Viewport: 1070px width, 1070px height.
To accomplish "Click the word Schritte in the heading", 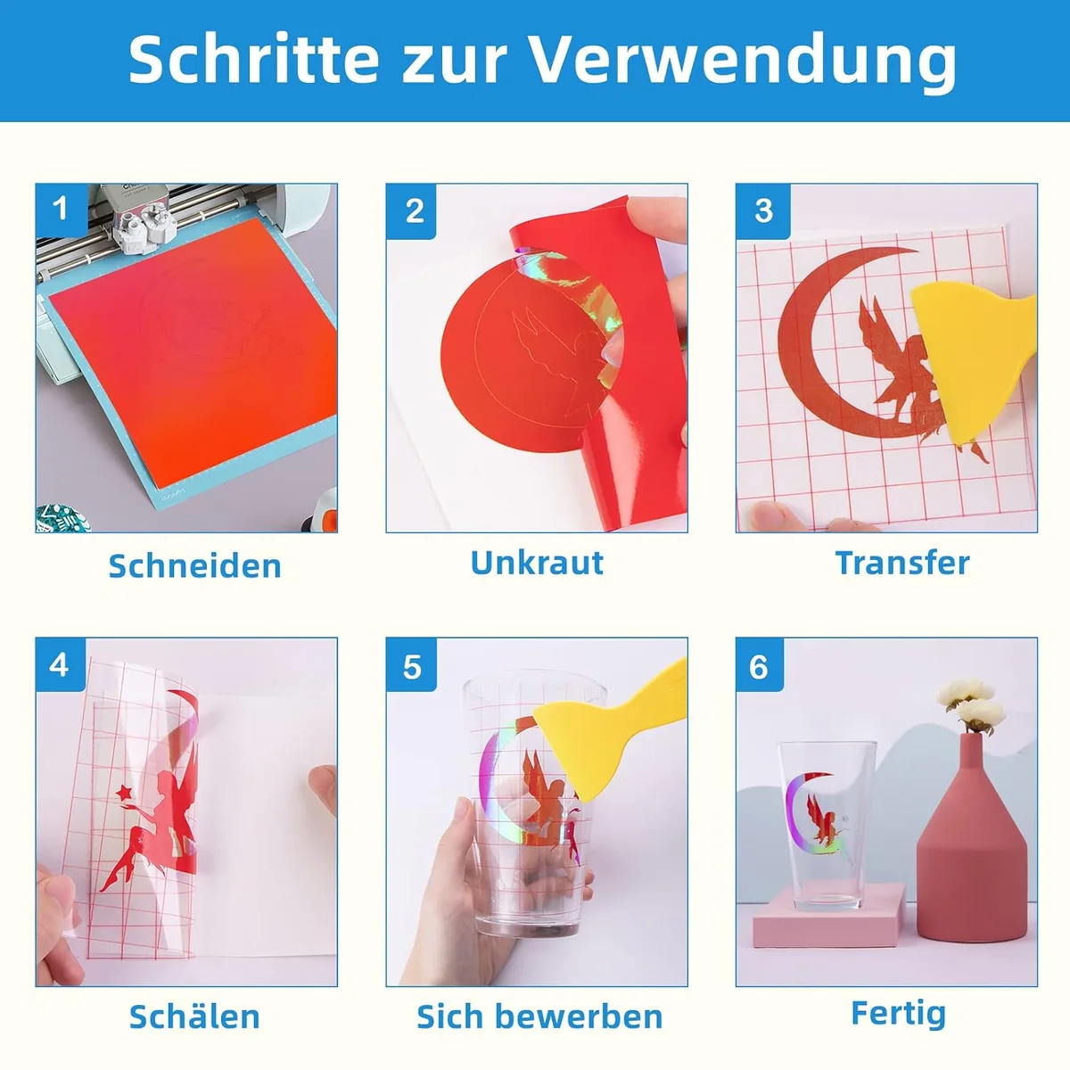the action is point(254,60).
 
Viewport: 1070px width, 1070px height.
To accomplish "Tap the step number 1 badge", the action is point(62,209).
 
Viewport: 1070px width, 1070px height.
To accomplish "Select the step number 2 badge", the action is point(411,211).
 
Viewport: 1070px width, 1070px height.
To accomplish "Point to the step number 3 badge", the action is point(762,211).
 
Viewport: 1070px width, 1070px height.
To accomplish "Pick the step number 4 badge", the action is point(60,664).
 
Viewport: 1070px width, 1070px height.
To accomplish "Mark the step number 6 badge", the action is point(761,664).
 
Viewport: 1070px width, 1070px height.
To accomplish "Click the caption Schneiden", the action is point(195,566).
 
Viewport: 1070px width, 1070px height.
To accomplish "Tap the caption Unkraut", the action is point(537,563).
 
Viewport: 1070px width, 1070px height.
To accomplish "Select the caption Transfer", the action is point(902,563).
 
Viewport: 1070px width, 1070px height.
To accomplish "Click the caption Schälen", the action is point(194,1016).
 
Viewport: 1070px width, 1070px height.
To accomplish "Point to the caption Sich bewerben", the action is point(539,1017).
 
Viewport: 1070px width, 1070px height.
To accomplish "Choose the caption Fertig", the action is point(899,1015).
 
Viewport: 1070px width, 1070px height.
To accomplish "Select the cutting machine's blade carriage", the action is point(144,214).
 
